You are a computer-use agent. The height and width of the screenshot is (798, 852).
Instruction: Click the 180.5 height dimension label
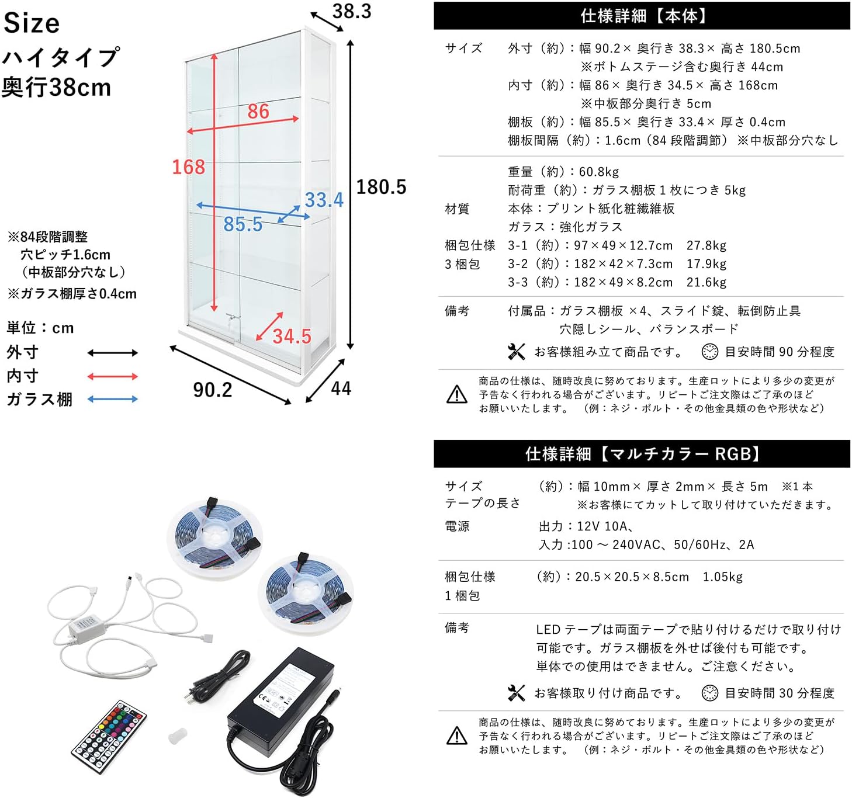[381, 187]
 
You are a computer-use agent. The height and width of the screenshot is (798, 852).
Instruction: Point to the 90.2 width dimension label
[212, 390]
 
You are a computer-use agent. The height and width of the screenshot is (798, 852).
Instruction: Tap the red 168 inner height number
[188, 167]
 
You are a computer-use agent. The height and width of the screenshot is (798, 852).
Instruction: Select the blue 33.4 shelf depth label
[324, 200]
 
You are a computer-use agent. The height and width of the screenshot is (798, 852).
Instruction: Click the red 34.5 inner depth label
[292, 336]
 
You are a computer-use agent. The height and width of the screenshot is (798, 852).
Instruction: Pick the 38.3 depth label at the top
[351, 12]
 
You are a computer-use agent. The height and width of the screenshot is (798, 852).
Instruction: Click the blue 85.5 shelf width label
[243, 224]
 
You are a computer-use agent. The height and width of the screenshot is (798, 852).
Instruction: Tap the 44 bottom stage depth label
[341, 388]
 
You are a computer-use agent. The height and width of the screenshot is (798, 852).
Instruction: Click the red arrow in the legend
[112, 377]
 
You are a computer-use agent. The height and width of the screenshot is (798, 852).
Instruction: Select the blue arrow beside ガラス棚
[112, 400]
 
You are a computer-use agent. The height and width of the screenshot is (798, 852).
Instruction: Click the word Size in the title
[32, 23]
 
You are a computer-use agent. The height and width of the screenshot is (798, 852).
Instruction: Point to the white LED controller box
[87, 627]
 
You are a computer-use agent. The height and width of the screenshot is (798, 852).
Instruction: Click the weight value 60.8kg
[598, 172]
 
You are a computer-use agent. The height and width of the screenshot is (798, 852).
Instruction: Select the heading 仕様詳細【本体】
[642, 16]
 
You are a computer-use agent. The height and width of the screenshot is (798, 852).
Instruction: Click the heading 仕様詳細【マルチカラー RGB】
[642, 454]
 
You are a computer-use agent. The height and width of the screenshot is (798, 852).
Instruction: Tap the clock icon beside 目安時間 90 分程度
[709, 352]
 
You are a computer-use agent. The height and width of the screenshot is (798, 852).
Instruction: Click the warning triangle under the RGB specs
[457, 736]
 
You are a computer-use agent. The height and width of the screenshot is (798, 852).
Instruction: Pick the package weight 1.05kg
[722, 577]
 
